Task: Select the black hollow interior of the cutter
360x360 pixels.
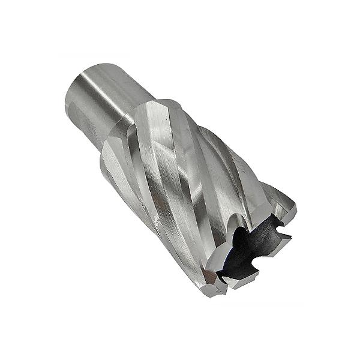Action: [246, 252]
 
